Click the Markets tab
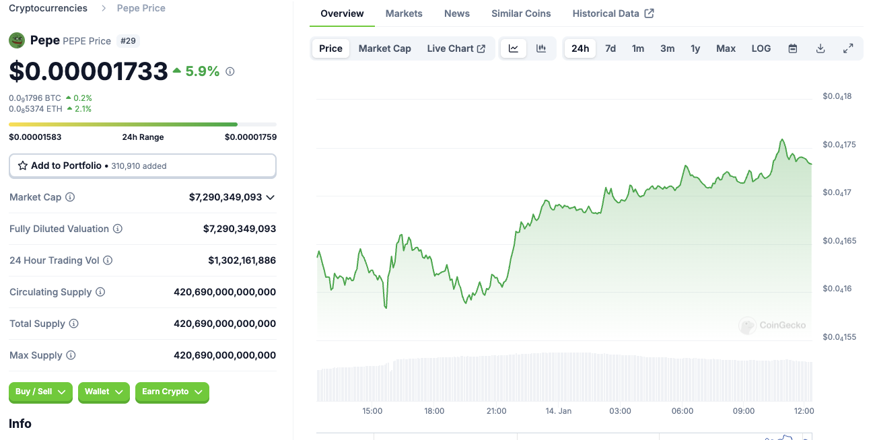click(404, 13)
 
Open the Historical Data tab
click(613, 13)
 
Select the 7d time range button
click(610, 48)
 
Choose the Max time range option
click(726, 48)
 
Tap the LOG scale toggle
click(761, 48)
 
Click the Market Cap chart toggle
click(384, 48)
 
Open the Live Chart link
click(456, 48)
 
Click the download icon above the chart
click(820, 48)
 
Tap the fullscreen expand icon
click(848, 48)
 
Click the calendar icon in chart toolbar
click(793, 48)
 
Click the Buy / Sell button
click(40, 392)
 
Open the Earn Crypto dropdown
click(172, 392)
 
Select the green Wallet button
click(104, 392)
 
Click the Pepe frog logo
click(17, 40)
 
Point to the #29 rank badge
click(128, 41)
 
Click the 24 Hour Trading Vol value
click(242, 260)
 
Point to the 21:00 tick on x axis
click(496, 410)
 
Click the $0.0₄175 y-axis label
click(839, 145)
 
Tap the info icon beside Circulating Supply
click(100, 292)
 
